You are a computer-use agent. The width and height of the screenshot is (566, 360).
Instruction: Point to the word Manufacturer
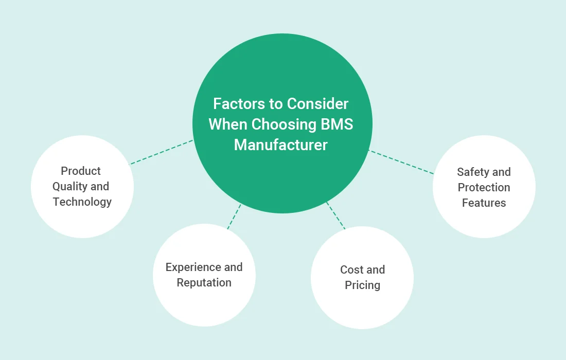click(280, 145)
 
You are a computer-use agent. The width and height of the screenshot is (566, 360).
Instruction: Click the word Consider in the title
click(317, 104)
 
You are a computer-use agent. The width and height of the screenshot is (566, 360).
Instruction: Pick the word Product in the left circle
click(81, 171)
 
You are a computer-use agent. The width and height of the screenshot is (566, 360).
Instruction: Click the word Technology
click(82, 202)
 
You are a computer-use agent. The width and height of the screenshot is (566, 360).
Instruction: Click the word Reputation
click(204, 283)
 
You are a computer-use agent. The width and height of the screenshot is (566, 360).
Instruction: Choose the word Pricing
click(363, 285)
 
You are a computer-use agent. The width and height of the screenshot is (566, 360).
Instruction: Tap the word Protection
click(484, 188)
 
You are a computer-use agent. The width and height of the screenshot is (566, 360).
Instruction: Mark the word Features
click(484, 203)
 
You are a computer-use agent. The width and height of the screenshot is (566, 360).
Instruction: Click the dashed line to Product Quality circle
click(161, 152)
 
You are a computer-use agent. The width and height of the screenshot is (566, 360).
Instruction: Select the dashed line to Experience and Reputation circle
click(234, 217)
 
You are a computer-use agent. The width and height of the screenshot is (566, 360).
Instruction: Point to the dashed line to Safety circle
click(401, 162)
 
